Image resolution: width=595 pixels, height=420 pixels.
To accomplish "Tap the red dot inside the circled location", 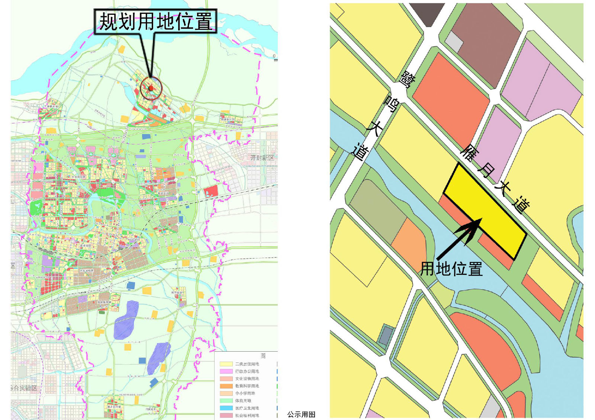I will tap(151, 88).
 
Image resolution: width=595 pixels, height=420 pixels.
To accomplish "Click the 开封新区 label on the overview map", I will tap(262, 158).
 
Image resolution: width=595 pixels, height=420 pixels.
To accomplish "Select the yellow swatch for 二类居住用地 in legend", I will tap(226, 364).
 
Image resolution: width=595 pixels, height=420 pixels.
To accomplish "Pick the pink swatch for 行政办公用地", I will tap(226, 371).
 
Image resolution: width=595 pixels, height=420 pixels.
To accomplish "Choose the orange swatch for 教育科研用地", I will tap(226, 386).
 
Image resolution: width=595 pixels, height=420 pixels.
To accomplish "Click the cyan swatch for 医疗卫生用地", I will tap(226, 408).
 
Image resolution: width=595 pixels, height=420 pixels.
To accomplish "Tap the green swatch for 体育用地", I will tap(226, 401).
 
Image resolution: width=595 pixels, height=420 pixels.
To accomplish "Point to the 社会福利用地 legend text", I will tap(247, 416).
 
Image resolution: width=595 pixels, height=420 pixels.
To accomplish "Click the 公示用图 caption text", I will tap(301, 414).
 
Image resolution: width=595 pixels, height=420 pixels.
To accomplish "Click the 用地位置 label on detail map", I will tap(451, 269).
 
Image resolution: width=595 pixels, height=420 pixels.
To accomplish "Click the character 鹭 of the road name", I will tap(407, 79).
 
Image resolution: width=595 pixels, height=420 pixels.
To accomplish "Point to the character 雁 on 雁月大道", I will tap(469, 153).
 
